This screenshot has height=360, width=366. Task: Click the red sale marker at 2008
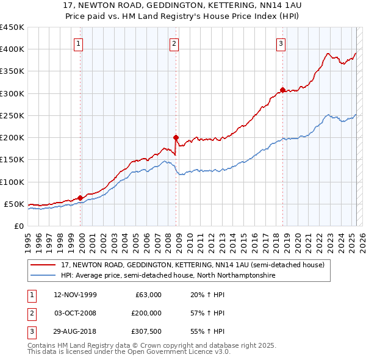pyautogui.click(x=176, y=137)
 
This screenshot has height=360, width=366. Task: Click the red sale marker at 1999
pyautogui.click(x=81, y=198)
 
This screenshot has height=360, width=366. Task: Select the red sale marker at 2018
pyautogui.click(x=282, y=90)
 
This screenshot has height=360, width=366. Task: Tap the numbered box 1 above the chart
pyautogui.click(x=79, y=43)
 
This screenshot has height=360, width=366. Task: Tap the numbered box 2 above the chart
pyautogui.click(x=174, y=43)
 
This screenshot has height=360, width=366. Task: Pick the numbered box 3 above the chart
pyautogui.click(x=281, y=43)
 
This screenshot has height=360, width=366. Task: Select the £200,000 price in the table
pyautogui.click(x=146, y=314)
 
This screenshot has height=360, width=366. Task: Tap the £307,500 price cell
pyautogui.click(x=146, y=332)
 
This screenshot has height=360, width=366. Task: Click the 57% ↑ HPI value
pyautogui.click(x=207, y=314)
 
